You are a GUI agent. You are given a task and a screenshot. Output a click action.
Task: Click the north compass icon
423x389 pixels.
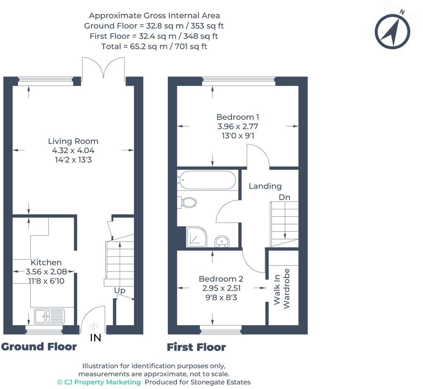click(x=392, y=31)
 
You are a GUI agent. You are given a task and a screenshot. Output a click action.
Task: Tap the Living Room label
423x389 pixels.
click(x=73, y=141)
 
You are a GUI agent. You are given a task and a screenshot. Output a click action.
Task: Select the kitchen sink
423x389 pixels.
click(x=49, y=316)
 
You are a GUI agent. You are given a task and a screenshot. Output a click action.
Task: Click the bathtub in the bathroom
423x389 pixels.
click(x=206, y=180)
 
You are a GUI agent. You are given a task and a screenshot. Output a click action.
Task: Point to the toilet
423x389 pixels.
click(x=187, y=202)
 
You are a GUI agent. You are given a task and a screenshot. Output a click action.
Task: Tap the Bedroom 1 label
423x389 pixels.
click(x=238, y=117)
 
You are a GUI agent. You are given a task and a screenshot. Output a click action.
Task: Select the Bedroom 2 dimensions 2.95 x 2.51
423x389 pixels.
click(x=221, y=288)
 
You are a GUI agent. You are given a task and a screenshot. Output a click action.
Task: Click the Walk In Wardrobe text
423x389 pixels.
click(x=281, y=288)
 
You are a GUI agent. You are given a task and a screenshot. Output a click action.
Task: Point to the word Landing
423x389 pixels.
click(x=265, y=186)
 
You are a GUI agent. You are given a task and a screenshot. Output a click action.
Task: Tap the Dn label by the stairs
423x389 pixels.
click(x=284, y=197)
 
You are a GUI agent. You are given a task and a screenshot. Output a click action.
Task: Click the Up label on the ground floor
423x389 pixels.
click(x=120, y=291)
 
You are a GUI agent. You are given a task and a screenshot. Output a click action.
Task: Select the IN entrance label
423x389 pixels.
click(x=95, y=338)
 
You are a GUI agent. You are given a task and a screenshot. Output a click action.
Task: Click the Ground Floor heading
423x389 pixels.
click(x=39, y=347)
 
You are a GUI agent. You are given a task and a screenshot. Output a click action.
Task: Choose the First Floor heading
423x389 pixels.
click(x=196, y=347)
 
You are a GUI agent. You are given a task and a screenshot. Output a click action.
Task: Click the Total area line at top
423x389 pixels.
click(x=154, y=47)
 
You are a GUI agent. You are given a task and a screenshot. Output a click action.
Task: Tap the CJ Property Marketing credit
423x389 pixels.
click(x=99, y=382)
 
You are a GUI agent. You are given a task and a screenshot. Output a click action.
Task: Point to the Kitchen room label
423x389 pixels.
click(x=46, y=262)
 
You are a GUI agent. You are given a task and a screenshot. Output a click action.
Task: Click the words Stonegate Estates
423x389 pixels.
click(x=220, y=382)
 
